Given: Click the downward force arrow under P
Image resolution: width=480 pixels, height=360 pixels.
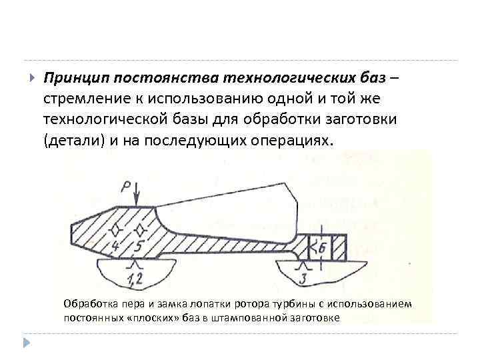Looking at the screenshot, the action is (x=137, y=196).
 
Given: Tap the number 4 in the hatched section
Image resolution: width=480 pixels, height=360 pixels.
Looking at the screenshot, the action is (x=116, y=245).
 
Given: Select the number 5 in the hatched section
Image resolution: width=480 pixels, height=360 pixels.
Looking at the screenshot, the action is (x=137, y=245).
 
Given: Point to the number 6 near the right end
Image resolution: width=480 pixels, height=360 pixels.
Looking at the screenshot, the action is (x=323, y=247).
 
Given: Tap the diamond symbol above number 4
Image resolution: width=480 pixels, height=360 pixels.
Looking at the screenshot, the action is (x=116, y=230).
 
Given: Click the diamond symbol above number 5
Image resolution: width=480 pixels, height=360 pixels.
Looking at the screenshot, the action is (x=139, y=230).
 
